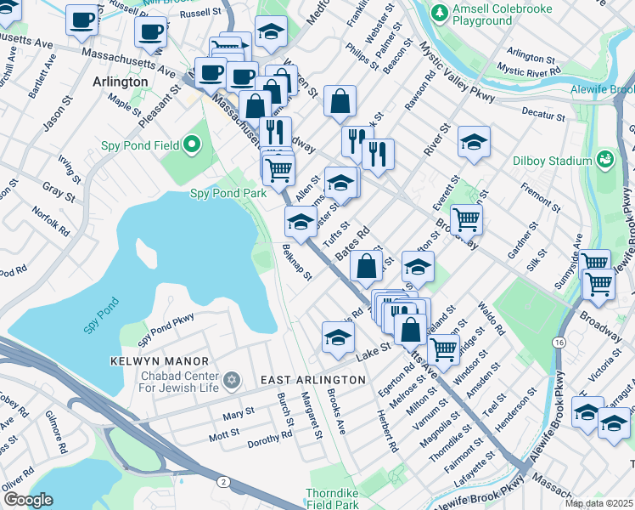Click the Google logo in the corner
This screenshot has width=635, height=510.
coord(28,500)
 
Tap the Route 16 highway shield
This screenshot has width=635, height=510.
coord(559,341)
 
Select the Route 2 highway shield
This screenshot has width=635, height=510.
coord(222,482)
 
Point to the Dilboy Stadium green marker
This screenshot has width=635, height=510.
coord(604,159)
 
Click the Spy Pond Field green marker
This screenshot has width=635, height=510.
coord(192,145)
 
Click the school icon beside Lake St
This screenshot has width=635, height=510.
coord(338,337)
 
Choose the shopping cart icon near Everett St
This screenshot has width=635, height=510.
coord(466,219)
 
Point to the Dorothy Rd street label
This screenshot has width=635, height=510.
coord(270,436)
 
